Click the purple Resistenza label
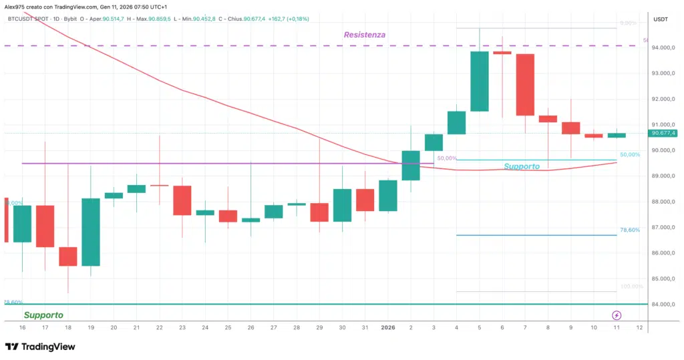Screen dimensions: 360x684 pos(364,35)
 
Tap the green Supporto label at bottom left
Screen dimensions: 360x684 pos(43,315)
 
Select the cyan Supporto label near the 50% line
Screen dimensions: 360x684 pos(522,166)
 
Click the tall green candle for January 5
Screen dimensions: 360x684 pos(479,81)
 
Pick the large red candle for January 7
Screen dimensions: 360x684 pos(524,84)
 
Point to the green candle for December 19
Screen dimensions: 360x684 pos(91,232)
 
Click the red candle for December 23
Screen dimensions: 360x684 pos(182,200)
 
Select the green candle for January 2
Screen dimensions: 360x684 pos(410,166)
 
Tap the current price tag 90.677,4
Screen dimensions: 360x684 pos(662,133)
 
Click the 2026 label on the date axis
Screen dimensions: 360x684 pos(387,328)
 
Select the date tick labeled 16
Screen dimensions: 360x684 pos(23,328)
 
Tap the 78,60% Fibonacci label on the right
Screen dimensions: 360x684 pos(630,230)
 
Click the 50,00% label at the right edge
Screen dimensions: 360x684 pos(630,154)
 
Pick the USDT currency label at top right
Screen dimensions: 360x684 pos(661,19)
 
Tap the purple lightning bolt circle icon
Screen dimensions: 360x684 pos(617,315)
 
